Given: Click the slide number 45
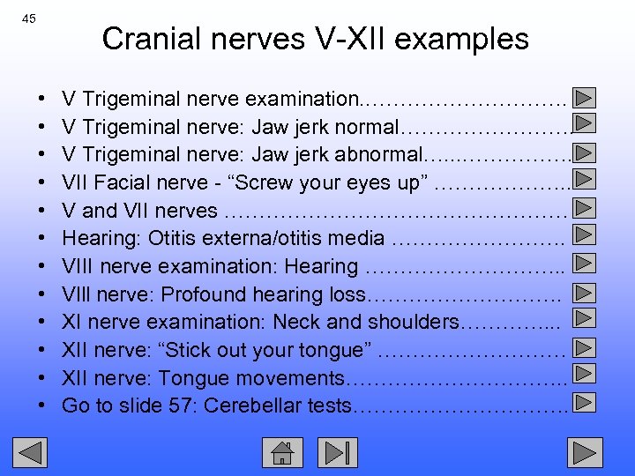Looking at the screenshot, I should pos(29,18).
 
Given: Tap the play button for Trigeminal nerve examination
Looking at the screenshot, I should pos(583,97).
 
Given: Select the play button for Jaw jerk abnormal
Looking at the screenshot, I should pos(583,153).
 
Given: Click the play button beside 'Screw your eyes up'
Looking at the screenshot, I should pos(583,182).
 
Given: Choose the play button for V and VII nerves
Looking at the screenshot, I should pos(583,210).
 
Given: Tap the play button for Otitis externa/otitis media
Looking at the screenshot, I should pos(583,236).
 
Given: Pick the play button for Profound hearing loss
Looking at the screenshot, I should pos(583,293).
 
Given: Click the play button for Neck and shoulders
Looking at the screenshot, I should pos(583,321).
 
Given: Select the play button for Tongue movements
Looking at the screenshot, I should pos(583,377).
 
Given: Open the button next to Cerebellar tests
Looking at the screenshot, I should pos(583,405).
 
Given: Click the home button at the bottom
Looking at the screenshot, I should pos(282,453).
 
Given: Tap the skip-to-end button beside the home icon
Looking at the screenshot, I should pos(339,453).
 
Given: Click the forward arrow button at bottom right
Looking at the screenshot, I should pos(582,453).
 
